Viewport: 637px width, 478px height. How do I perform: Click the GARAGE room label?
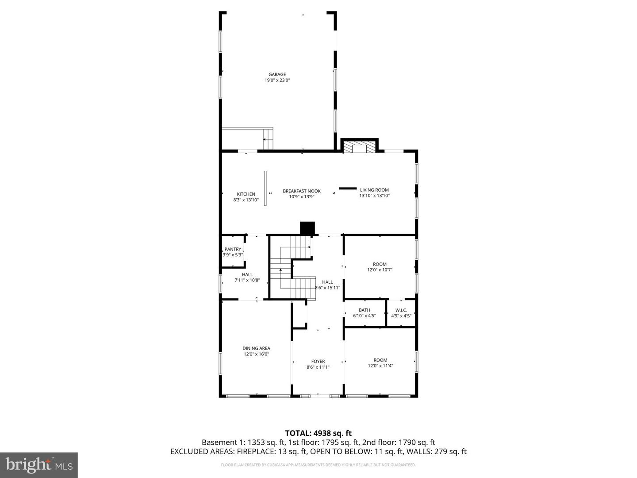[x=277, y=74]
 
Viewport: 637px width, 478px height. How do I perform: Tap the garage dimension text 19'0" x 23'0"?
[x=277, y=81]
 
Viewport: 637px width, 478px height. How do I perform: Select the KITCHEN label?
[x=246, y=194]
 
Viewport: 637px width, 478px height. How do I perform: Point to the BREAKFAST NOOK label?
[x=302, y=191]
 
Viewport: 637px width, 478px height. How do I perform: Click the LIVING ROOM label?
[x=374, y=190]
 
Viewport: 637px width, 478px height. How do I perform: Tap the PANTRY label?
[x=233, y=249]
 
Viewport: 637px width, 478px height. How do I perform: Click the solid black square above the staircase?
[x=307, y=227]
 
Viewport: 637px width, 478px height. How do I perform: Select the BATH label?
[x=365, y=310]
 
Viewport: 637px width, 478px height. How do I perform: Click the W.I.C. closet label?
[x=401, y=310]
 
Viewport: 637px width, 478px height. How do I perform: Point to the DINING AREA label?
[x=256, y=348]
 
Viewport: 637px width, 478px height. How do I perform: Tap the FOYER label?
[x=318, y=362]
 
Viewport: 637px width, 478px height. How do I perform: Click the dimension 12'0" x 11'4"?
[x=380, y=366]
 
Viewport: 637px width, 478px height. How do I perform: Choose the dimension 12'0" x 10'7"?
[x=380, y=270]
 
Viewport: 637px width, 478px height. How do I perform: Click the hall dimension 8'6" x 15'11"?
[x=327, y=288]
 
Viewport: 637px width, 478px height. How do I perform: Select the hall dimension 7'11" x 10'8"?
[x=247, y=280]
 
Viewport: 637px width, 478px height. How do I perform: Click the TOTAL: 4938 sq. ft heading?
[x=318, y=433]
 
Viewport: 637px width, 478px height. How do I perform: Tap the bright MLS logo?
[x=39, y=465]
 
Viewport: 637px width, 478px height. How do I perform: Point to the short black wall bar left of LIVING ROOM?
[x=348, y=189]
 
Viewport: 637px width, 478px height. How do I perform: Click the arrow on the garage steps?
[x=265, y=140]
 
